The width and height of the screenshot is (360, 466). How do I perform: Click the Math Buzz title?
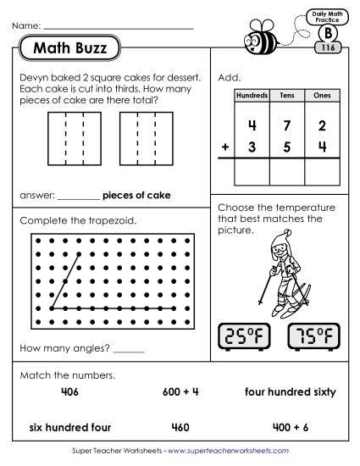pos(70,48)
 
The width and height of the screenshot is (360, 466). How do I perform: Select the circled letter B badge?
pos(326,34)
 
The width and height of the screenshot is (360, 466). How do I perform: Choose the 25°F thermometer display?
pos(245,337)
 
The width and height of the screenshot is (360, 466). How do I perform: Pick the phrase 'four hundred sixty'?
pos(291,392)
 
